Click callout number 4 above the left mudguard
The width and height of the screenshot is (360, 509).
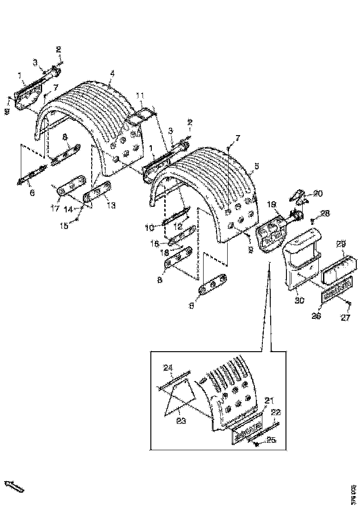coord(112,73)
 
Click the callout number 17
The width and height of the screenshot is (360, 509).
coord(55,209)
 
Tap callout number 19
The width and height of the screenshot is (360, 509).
coord(271,204)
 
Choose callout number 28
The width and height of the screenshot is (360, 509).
coord(325,213)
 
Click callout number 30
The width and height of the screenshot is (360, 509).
coord(299,301)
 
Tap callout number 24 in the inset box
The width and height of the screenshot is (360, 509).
coord(168,368)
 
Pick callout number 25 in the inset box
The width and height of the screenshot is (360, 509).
coord(271,441)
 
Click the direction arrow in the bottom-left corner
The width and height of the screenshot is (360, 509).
coord(14,486)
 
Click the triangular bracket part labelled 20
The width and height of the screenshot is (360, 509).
coord(299,197)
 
